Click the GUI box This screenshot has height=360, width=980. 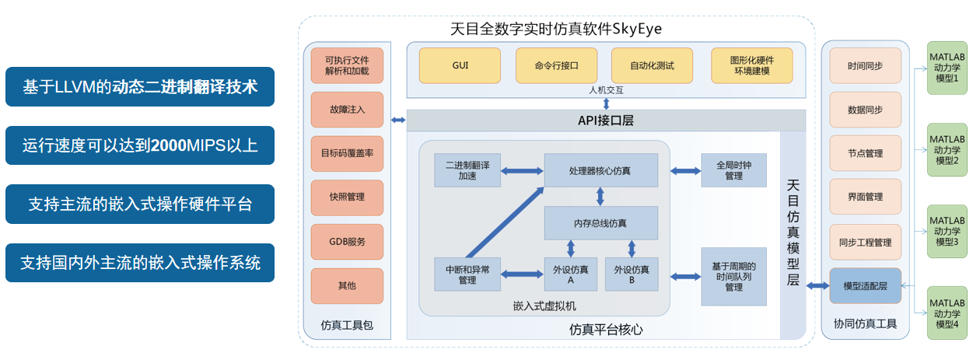point(460,65)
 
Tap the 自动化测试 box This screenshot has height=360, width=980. point(652,65)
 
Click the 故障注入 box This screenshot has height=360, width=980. point(347,110)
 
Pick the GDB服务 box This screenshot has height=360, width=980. point(347,241)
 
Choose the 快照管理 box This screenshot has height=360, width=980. point(347,197)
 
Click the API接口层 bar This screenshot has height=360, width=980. point(597,121)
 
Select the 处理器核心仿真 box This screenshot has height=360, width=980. point(600,170)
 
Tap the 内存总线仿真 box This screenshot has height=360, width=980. point(600,222)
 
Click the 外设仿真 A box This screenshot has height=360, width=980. point(571,274)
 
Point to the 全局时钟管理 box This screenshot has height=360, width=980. point(733,170)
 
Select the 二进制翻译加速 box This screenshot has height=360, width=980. point(467,170)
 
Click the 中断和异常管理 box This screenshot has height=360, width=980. point(467,274)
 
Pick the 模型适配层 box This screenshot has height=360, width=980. point(865,286)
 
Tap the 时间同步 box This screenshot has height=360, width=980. point(865,66)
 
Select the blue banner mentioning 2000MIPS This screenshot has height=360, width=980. point(140,145)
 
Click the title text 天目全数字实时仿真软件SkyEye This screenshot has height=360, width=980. point(556,29)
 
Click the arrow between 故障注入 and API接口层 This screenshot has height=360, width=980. point(398,120)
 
